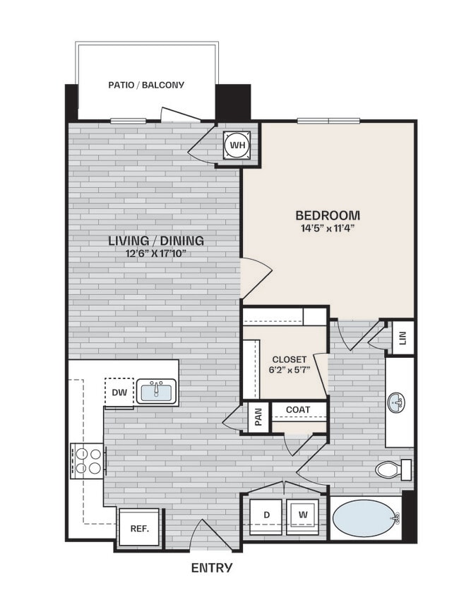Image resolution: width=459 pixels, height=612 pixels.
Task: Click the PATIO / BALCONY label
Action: point(146,85)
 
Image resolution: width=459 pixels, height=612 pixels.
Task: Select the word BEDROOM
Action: point(328,215)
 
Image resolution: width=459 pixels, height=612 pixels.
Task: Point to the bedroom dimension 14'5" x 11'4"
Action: point(328,229)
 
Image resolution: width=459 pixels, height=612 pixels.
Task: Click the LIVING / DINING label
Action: point(156,241)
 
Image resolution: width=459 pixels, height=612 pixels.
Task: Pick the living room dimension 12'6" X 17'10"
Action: point(156,254)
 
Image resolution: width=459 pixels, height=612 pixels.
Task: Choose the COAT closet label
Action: point(298,409)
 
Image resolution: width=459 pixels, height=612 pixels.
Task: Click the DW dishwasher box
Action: point(119,392)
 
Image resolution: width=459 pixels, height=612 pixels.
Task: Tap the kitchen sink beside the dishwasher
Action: point(156,391)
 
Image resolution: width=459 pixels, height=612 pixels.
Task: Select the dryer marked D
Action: point(267,516)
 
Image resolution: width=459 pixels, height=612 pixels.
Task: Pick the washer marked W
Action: point(302,516)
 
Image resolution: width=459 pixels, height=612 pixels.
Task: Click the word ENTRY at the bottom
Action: point(212,567)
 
